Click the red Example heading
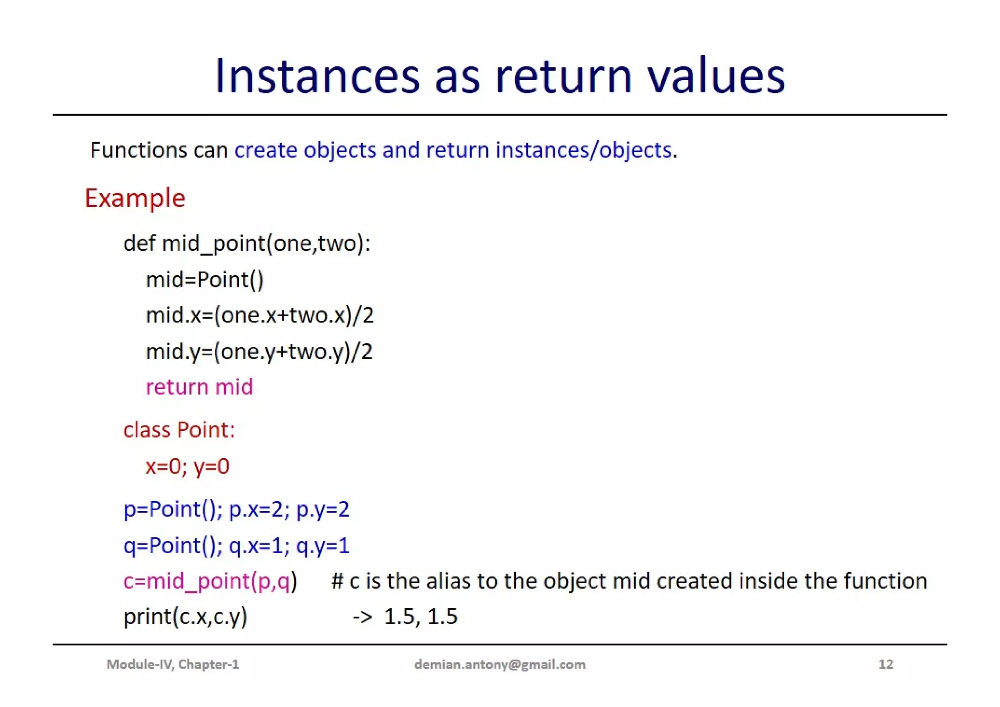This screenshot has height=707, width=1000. [x=135, y=198]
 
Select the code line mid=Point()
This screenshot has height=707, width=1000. [x=205, y=280]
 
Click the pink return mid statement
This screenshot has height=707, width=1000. [x=199, y=387]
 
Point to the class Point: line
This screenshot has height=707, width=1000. [x=179, y=430]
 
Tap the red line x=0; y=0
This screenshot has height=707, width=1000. [x=187, y=466]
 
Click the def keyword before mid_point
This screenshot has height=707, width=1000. [x=139, y=243]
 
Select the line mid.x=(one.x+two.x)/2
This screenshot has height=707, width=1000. [x=260, y=315]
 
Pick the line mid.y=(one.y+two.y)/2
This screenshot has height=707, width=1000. [x=259, y=351]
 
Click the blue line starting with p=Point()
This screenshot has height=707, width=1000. [x=236, y=509]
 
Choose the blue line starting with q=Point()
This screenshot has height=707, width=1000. [x=236, y=545]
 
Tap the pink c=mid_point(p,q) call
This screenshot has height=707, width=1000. [x=210, y=581]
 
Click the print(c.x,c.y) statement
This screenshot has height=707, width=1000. [x=185, y=617]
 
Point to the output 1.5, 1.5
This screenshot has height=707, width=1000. [x=420, y=617]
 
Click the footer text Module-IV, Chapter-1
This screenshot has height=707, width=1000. [x=173, y=664]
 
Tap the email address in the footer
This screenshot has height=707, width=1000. [x=500, y=664]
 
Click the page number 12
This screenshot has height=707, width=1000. [x=886, y=664]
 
